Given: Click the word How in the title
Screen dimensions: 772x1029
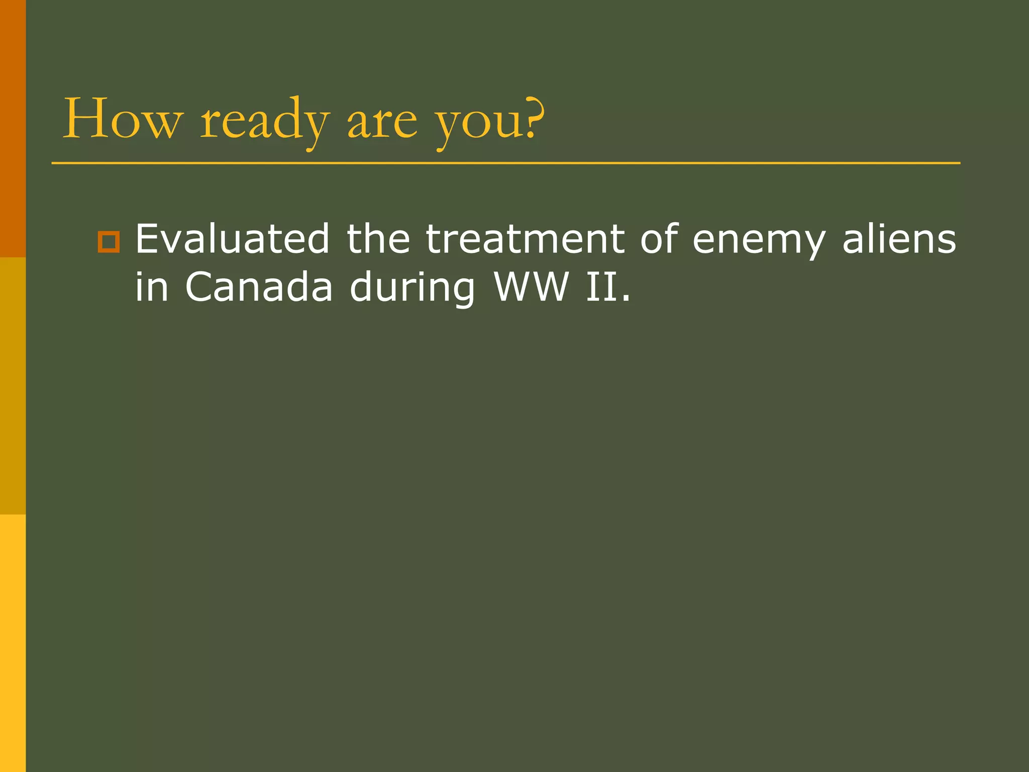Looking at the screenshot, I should (121, 119).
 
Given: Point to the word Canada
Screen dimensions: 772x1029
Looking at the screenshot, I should (259, 287).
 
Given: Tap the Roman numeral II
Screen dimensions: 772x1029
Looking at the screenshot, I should (601, 287).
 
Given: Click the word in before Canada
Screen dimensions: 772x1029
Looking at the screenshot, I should (152, 287).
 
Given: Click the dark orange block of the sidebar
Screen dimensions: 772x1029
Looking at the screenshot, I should (13, 129).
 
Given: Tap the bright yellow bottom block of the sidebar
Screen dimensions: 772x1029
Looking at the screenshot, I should (13, 643).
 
